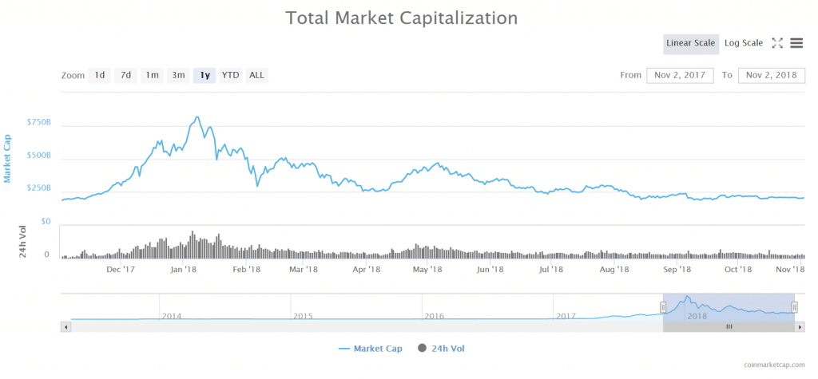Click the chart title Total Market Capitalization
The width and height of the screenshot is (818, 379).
(x=402, y=18)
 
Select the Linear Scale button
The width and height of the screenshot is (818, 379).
(x=690, y=43)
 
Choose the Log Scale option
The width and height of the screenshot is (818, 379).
(x=743, y=43)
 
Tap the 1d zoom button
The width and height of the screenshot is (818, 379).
(x=100, y=75)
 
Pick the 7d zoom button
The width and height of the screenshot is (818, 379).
(x=125, y=75)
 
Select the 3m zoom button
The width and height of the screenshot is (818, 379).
(x=178, y=75)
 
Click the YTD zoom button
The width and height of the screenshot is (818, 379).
(x=230, y=75)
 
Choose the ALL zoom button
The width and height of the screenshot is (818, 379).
(x=256, y=75)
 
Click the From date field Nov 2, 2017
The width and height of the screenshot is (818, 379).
(x=680, y=75)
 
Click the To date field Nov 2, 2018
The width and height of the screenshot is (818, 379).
(x=771, y=75)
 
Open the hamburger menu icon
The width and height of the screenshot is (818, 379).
(x=796, y=43)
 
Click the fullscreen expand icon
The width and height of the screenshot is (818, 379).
(x=777, y=43)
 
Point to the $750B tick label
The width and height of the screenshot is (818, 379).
(x=38, y=123)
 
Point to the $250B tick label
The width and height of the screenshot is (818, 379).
(x=38, y=188)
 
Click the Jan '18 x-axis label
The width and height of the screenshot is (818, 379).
(x=184, y=270)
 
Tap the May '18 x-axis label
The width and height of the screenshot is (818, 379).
(x=427, y=270)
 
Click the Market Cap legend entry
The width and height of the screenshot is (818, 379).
(x=371, y=349)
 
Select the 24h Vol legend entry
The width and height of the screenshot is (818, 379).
(x=447, y=349)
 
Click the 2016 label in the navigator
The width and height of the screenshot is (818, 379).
(x=434, y=316)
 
